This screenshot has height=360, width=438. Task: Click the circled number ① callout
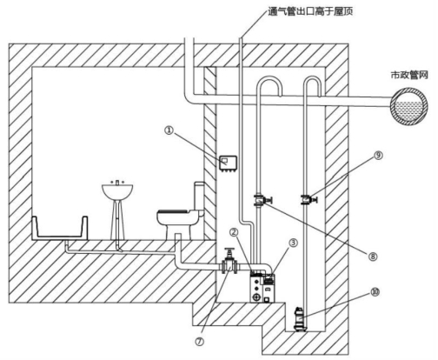click(x=169, y=130)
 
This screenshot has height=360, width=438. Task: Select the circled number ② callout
click(x=234, y=231)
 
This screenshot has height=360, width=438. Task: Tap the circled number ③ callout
click(x=293, y=243)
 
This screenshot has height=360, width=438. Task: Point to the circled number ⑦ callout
click(x=199, y=342)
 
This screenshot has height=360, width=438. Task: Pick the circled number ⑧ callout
click(x=373, y=257)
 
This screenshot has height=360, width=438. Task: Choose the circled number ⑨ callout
click(x=378, y=156)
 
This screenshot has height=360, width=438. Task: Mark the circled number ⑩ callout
click(x=375, y=292)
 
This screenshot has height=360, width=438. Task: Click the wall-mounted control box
click(x=228, y=163)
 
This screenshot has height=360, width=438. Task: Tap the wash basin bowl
click(x=117, y=190)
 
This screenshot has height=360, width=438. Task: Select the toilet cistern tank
click(x=199, y=197)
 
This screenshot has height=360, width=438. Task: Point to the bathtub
click(x=60, y=229)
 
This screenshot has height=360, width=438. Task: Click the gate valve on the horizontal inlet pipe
click(x=229, y=262)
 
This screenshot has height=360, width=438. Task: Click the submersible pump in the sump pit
click(x=299, y=319)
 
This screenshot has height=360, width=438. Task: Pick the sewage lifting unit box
click(x=262, y=287)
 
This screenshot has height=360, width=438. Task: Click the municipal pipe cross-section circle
click(x=409, y=106)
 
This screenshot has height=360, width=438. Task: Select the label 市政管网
click(x=409, y=75)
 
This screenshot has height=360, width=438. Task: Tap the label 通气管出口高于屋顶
click(x=310, y=11)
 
